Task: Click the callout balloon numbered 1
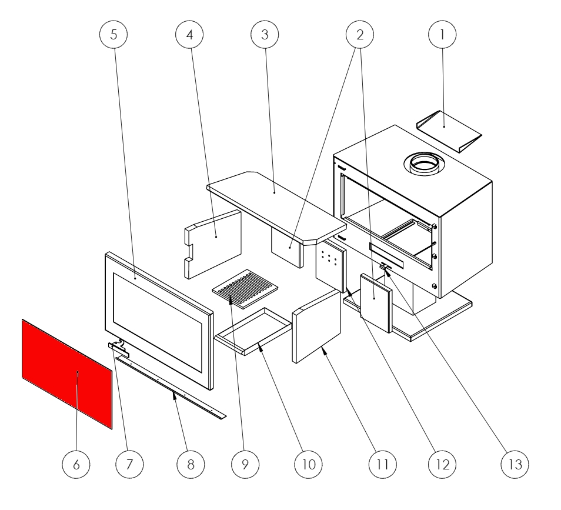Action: click(444, 35)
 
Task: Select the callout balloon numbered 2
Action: click(360, 35)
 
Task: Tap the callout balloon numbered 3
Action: click(265, 35)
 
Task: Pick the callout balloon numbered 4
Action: click(189, 35)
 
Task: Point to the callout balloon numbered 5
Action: click(114, 35)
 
